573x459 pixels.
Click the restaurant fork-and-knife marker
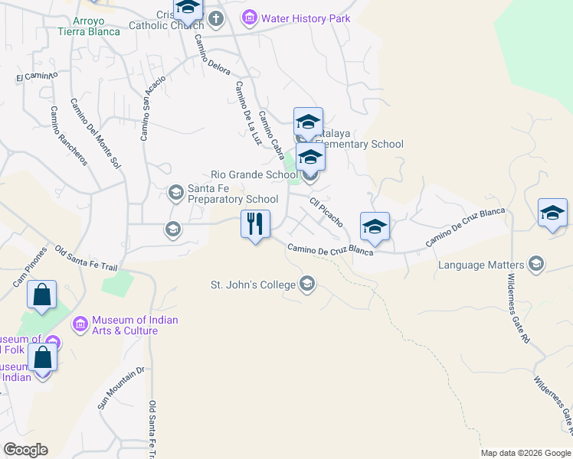point(255,224)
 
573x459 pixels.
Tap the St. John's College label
point(254,285)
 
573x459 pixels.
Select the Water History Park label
point(306,18)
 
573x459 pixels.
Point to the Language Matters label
point(483,265)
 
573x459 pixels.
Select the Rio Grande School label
point(254,174)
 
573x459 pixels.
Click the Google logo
point(25,450)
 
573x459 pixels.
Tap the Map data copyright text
point(526,453)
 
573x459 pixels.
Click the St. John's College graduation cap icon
point(307,285)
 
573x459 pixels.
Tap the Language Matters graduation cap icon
point(535,265)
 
